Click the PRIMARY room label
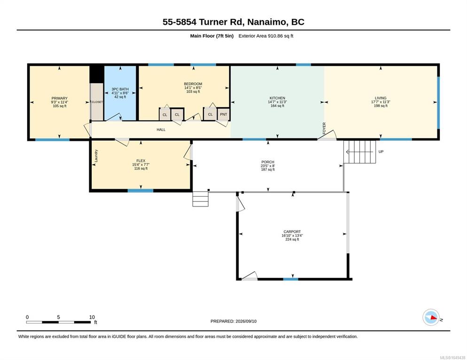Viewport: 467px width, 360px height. pyautogui.click(x=60, y=98)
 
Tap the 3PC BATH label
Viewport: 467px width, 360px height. pyautogui.click(x=120, y=89)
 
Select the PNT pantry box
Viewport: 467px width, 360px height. pyautogui.click(x=223, y=114)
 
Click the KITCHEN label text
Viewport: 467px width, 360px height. pyautogui.click(x=277, y=98)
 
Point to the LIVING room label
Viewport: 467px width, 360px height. pyautogui.click(x=381, y=98)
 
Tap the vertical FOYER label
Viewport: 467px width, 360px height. pyautogui.click(x=324, y=128)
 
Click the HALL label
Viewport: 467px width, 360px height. pyautogui.click(x=161, y=130)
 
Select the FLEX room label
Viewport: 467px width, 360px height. pyautogui.click(x=141, y=161)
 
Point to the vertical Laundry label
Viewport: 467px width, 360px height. pyautogui.click(x=96, y=156)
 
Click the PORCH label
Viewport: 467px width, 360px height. pyautogui.click(x=268, y=162)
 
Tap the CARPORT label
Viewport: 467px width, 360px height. pyautogui.click(x=292, y=232)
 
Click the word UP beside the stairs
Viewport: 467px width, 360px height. pyautogui.click(x=381, y=152)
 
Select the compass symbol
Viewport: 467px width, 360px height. pyautogui.click(x=431, y=317)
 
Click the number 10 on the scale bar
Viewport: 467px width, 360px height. pyautogui.click(x=92, y=317)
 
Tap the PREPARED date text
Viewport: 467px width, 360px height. pyautogui.click(x=233, y=322)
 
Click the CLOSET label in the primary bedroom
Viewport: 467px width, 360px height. pyautogui.click(x=97, y=102)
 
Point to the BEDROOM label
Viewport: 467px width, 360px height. pyautogui.click(x=193, y=84)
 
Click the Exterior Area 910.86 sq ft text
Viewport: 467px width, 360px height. pyautogui.click(x=266, y=36)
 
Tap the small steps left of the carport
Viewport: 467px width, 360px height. pyautogui.click(x=201, y=199)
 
